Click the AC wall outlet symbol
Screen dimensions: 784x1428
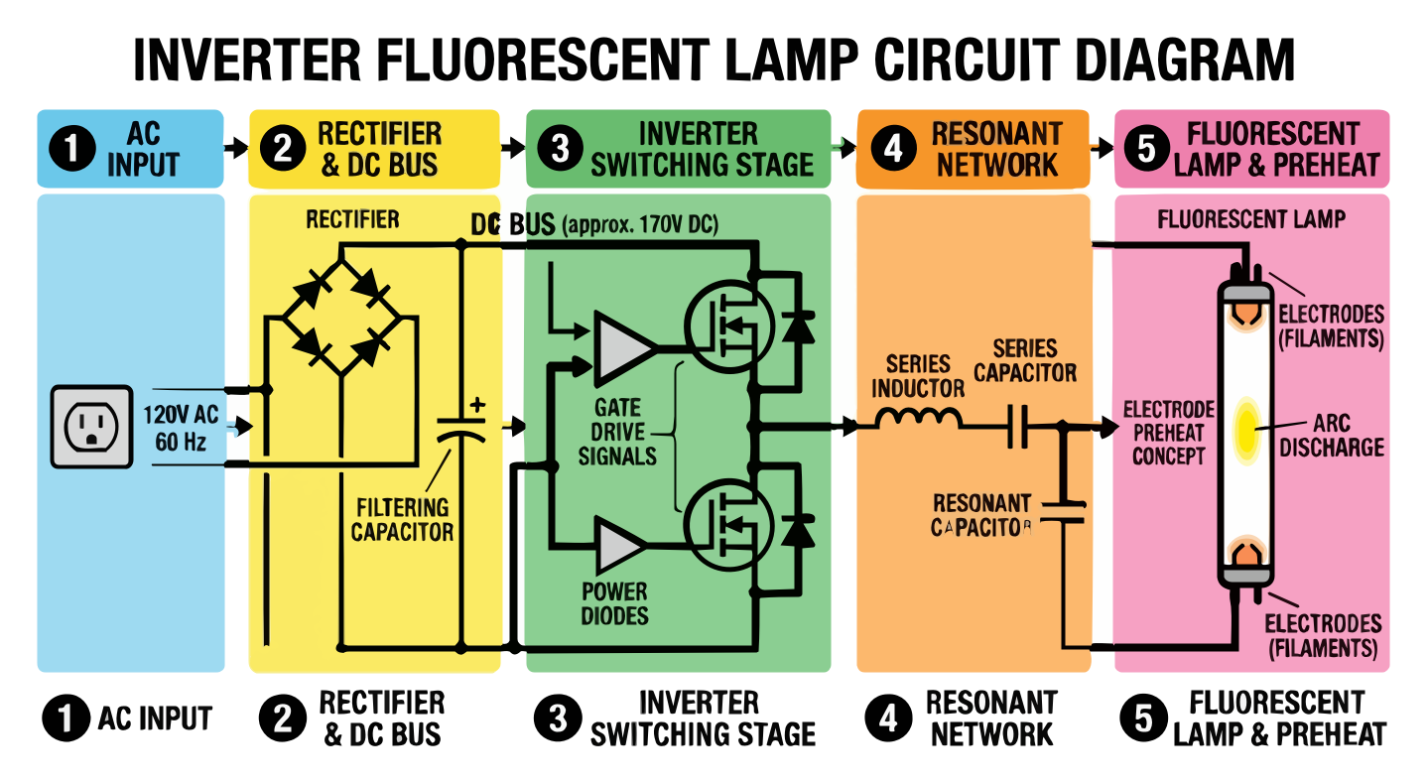point(91,428)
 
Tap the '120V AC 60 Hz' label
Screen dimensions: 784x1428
point(181,428)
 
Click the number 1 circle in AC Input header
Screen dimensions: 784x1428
point(70,149)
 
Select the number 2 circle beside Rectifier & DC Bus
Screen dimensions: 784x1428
point(283,149)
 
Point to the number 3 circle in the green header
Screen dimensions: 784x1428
point(560,149)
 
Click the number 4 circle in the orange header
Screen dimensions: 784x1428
point(893,149)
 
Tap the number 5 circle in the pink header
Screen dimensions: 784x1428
point(1146,149)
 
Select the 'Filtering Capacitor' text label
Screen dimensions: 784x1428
point(402,519)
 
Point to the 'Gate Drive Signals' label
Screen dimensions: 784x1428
point(618,432)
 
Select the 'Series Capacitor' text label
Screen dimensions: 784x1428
point(1024,360)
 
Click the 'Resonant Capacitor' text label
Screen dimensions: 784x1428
point(982,515)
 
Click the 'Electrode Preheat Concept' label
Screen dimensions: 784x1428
point(1168,433)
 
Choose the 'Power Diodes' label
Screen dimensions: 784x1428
point(614,603)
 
